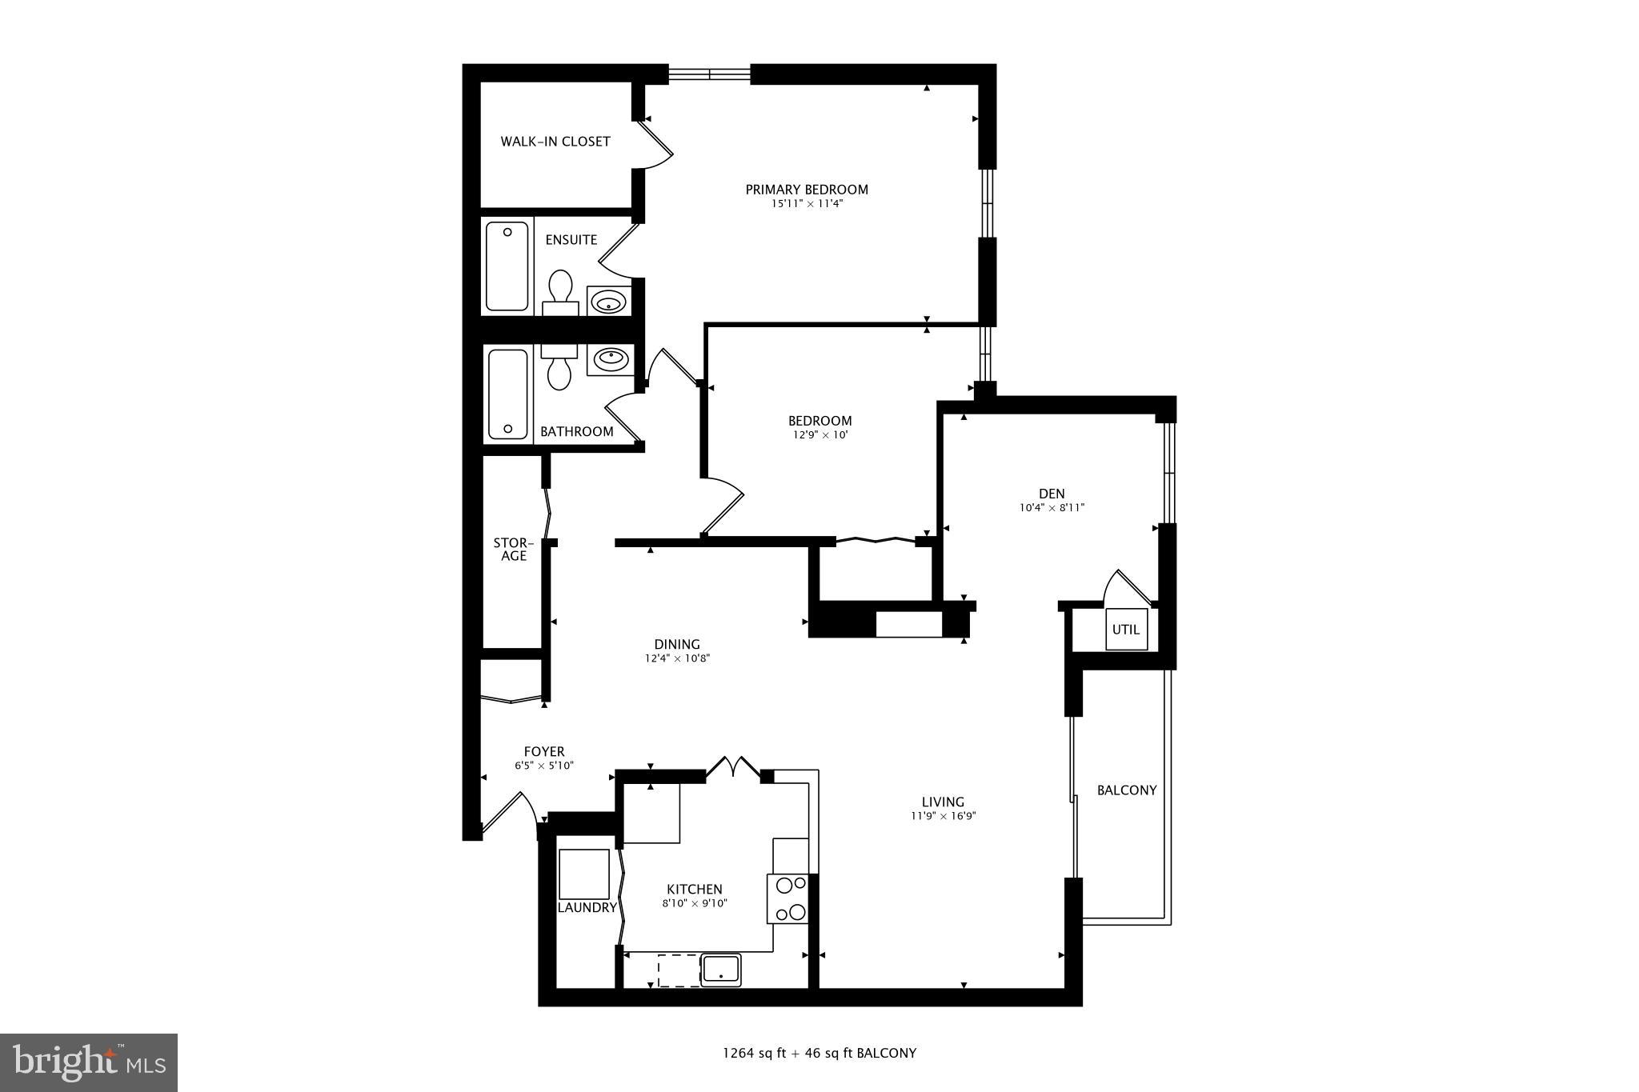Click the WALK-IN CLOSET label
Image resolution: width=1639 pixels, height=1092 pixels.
click(555, 142)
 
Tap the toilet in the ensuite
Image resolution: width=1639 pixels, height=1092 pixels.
click(560, 292)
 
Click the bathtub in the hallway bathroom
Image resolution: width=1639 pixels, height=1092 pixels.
click(508, 394)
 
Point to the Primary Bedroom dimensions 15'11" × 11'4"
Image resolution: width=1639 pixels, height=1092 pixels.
click(806, 204)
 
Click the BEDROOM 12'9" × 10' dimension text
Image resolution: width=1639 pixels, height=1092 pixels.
click(819, 435)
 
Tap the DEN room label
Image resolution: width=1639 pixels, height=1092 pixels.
click(1052, 494)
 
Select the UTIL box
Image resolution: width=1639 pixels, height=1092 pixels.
click(1125, 630)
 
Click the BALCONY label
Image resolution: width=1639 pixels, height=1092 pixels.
click(1126, 790)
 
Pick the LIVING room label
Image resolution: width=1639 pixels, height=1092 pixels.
click(943, 802)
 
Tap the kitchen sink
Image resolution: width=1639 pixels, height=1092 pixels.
click(720, 970)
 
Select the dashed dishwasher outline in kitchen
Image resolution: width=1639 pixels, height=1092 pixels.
click(677, 970)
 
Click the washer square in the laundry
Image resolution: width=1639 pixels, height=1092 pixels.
click(583, 874)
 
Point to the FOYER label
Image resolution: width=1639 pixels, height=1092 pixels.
click(544, 752)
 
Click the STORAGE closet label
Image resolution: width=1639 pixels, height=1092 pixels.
click(513, 550)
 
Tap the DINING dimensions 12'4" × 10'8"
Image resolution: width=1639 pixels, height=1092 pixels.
click(678, 658)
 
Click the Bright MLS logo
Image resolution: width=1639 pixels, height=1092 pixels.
click(89, 1062)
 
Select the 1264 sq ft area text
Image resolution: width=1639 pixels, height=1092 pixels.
click(755, 1053)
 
